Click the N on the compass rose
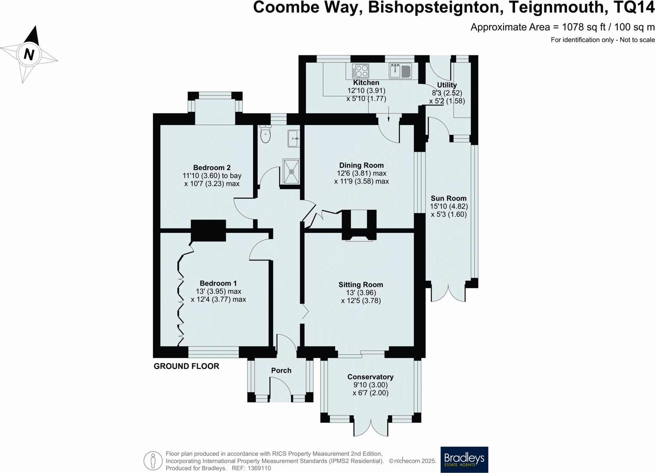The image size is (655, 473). click(x=29, y=54)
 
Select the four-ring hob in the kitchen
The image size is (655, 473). click(x=360, y=71)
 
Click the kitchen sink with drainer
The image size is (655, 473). click(x=400, y=71)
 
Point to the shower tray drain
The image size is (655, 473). click(x=291, y=172)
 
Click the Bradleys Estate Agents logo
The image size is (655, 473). click(x=464, y=459)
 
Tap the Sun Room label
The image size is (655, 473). click(x=448, y=198)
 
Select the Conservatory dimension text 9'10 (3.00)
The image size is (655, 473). click(x=370, y=385)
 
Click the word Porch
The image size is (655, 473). click(x=281, y=371)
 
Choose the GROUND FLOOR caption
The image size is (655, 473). click(x=186, y=366)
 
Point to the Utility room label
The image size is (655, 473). click(x=447, y=85)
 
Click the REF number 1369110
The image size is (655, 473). click(x=259, y=468)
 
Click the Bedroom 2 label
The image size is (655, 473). click(x=212, y=168)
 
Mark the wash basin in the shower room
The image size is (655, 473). click(x=293, y=139)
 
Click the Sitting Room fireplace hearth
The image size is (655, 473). click(x=359, y=239)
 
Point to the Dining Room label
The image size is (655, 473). click(x=361, y=165)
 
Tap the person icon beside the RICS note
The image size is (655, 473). click(x=153, y=461)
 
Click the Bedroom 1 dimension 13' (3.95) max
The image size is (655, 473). click(x=218, y=291)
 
